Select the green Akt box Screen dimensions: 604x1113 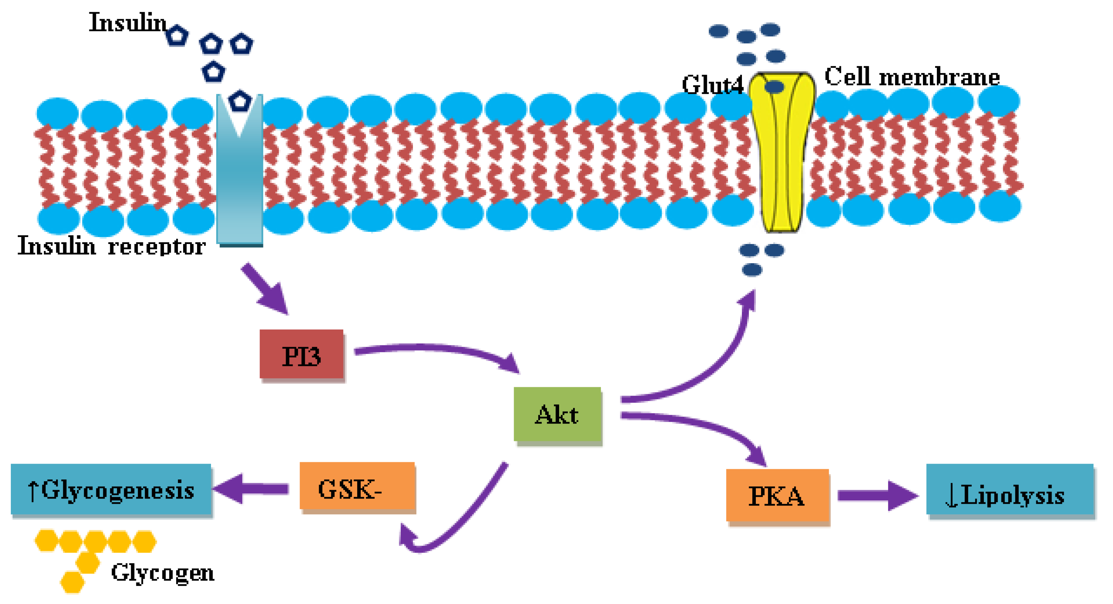557,414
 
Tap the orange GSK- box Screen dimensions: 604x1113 357,487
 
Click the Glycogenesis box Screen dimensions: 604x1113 111,489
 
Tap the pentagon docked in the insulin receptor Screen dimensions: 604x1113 240,101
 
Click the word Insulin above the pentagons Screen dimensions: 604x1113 127,22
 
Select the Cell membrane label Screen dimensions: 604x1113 912,76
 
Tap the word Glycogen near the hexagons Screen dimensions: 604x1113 163,573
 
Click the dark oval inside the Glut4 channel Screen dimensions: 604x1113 774,87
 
